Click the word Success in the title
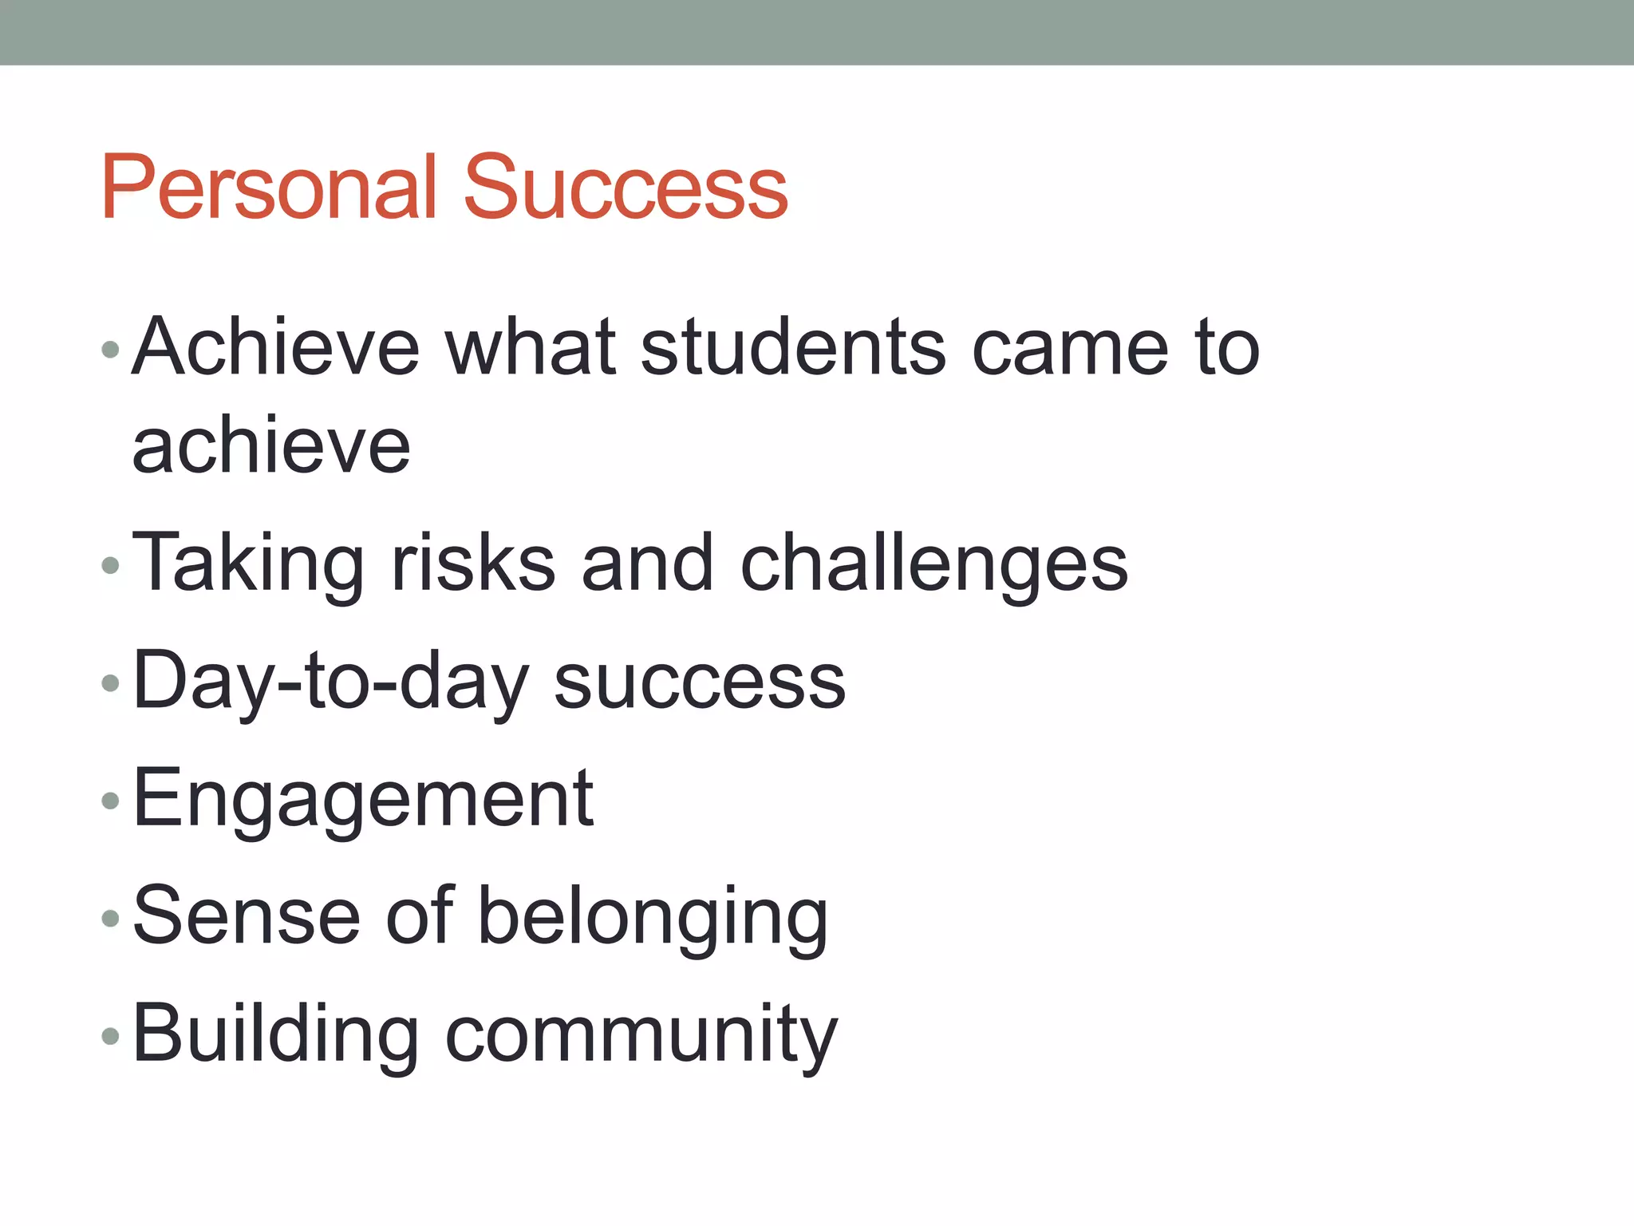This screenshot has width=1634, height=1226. (626, 188)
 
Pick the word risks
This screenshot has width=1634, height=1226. (473, 564)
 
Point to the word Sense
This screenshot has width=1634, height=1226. (247, 916)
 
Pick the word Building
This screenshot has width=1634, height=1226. (275, 1035)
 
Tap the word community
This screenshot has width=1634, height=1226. (641, 1035)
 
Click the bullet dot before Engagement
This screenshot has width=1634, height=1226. (111, 801)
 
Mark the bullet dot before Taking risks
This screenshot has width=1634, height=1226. (111, 566)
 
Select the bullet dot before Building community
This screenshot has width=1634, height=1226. (111, 1036)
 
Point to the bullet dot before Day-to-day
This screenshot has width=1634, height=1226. (111, 683)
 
